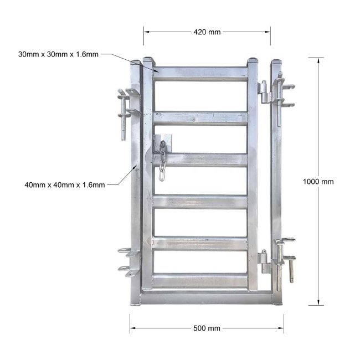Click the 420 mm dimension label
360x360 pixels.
[x=207, y=32]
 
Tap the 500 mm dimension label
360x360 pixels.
[x=207, y=328]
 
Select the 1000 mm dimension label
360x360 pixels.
[x=318, y=182]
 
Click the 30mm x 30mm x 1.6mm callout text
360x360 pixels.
[x=58, y=54]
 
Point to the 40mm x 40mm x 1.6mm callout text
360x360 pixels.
[x=64, y=185]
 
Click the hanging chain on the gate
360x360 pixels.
[x=162, y=161]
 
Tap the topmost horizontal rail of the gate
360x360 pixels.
[x=200, y=74]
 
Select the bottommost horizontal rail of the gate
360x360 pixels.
[x=200, y=281]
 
